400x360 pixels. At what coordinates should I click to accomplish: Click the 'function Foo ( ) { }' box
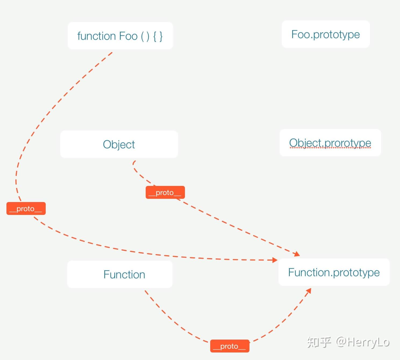[x=120, y=36]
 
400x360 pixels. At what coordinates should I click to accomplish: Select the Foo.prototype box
[x=326, y=34]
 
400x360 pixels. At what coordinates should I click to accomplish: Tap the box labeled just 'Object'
[x=119, y=144]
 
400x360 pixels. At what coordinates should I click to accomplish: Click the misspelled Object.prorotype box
[x=330, y=143]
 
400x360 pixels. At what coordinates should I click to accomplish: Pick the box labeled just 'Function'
[x=120, y=274]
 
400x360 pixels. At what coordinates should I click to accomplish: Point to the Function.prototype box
[x=334, y=272]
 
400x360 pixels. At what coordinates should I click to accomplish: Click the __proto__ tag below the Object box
[x=165, y=192]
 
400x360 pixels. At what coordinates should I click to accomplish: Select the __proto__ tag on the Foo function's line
[x=26, y=208]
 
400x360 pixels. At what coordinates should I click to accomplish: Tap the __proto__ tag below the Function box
[x=230, y=346]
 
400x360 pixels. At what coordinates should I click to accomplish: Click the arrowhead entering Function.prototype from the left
[x=275, y=260]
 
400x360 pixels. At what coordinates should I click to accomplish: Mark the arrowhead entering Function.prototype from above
[x=297, y=254]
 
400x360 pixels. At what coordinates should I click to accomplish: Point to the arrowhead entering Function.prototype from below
[x=309, y=291]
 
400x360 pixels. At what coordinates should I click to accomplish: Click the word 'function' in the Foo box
[x=97, y=36]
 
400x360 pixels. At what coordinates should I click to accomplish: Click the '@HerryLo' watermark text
[x=363, y=342]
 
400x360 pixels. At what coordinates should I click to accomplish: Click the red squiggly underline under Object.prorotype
[x=330, y=148]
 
